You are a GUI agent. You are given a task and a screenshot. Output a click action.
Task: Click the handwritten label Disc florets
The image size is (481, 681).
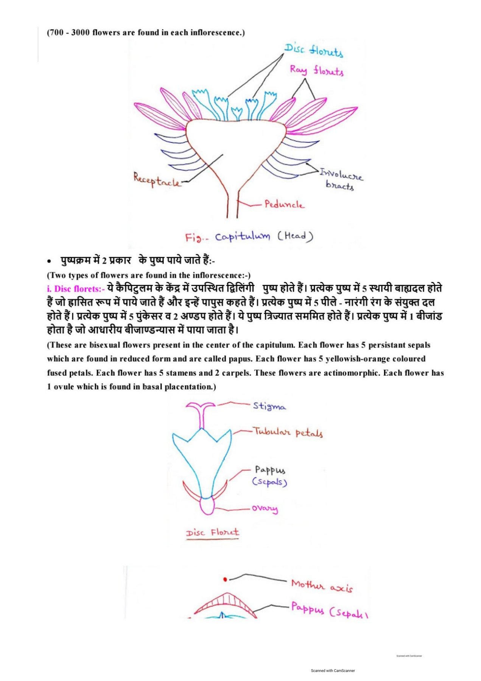[x=314, y=50]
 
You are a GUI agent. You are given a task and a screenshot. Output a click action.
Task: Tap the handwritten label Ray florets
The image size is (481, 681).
[x=317, y=71]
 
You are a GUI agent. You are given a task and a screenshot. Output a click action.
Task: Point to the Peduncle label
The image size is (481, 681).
[x=284, y=204]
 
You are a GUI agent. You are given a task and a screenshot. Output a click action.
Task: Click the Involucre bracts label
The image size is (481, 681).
[x=341, y=179]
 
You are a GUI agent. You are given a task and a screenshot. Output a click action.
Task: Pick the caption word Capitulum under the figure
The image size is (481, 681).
[x=243, y=237]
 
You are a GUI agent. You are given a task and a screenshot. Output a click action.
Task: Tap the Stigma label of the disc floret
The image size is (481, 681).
[x=269, y=406]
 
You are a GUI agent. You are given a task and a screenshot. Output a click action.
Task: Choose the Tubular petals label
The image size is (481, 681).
[x=288, y=432]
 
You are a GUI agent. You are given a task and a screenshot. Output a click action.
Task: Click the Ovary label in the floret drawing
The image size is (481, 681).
[x=265, y=508]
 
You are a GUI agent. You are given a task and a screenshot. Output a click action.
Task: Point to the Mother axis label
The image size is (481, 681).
[x=322, y=586]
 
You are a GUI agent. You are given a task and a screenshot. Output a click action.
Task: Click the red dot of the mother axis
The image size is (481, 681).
[x=225, y=579]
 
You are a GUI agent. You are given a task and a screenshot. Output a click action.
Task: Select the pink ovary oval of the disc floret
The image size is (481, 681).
[x=207, y=506]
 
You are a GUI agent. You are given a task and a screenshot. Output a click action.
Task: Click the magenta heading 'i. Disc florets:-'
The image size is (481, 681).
[x=76, y=289]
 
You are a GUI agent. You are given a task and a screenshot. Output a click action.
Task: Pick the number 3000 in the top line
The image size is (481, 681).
[x=81, y=33]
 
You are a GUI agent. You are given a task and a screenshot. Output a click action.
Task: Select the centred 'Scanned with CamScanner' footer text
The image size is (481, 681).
[x=333, y=671]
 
